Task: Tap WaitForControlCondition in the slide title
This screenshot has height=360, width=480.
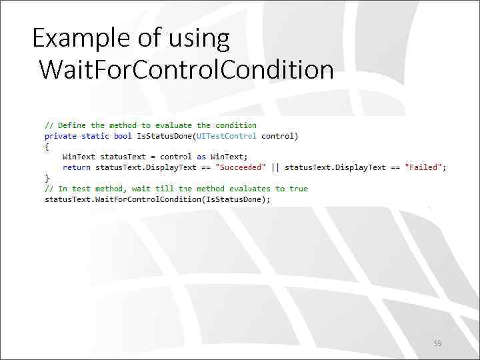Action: point(186,69)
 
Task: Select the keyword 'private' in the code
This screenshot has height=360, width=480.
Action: point(61,136)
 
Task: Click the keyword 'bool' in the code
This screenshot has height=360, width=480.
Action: point(123,136)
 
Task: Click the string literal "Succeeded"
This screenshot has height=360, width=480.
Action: point(241,167)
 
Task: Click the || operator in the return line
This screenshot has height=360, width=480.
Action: point(275,167)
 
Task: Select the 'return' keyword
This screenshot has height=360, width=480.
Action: point(77,167)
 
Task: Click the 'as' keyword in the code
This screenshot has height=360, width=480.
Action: point(201,157)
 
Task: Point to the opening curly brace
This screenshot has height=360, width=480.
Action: point(47,147)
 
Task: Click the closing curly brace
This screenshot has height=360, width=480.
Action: point(47,178)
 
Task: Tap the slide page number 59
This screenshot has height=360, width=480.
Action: point(437,343)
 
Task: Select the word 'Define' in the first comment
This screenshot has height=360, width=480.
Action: point(72,125)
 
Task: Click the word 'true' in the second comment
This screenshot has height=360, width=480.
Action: point(299,189)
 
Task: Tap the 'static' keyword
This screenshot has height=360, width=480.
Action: point(95,136)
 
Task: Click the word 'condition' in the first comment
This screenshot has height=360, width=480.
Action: point(236,125)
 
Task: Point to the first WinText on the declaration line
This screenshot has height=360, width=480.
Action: point(79,157)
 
